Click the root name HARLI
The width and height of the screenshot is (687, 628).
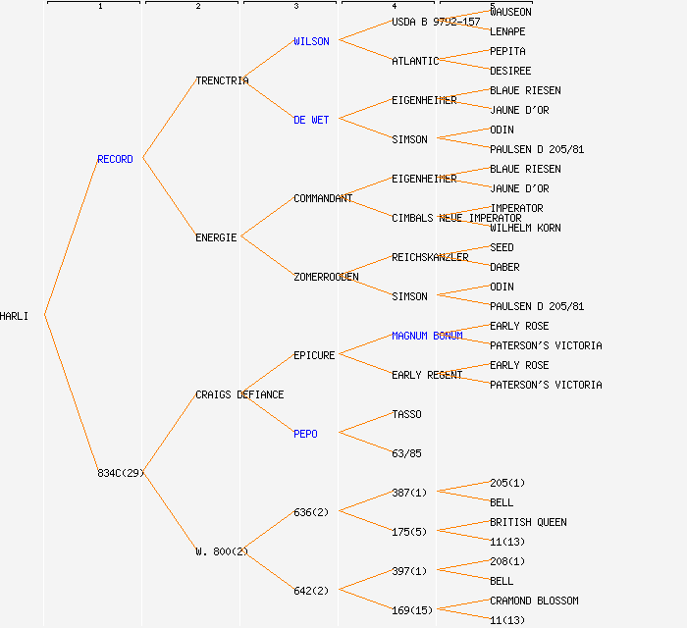(15, 316)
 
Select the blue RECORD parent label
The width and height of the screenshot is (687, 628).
(115, 159)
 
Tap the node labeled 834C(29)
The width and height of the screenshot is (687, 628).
(121, 473)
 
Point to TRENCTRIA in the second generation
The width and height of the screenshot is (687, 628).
(222, 80)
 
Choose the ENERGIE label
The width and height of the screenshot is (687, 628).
(216, 237)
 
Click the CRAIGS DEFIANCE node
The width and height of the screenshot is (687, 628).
(239, 394)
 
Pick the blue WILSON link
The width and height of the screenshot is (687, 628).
(311, 41)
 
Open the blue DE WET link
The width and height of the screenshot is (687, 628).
(311, 120)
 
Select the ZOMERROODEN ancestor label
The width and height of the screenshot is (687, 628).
(326, 277)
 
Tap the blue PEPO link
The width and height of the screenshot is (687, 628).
(305, 434)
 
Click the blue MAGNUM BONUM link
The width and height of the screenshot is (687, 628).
(427, 336)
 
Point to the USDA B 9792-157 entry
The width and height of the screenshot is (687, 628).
(436, 22)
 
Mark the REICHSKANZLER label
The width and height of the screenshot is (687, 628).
(430, 257)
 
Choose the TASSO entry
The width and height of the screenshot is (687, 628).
(406, 414)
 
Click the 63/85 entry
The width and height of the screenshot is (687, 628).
(406, 453)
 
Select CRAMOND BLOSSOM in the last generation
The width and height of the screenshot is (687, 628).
(534, 601)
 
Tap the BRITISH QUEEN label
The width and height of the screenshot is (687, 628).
(528, 522)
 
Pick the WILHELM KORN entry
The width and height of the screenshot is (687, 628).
(525, 228)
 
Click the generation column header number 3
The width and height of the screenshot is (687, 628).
(295, 7)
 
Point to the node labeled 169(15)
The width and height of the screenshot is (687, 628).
(412, 610)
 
